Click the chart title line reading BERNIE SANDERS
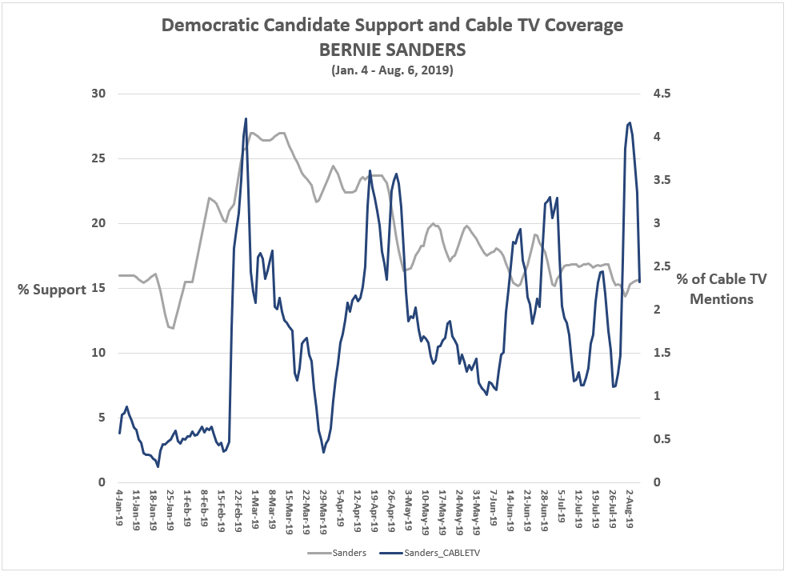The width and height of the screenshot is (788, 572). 392,50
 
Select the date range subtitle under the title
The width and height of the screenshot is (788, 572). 392,70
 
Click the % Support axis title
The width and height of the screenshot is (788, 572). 52,290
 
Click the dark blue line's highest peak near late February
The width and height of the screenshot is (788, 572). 246,118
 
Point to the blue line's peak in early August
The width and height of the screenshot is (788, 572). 630,122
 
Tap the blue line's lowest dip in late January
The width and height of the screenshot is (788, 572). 158,466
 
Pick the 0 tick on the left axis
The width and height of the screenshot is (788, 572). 102,482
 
